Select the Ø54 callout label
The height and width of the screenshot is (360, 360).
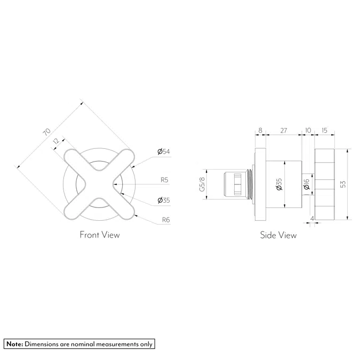click(163, 152)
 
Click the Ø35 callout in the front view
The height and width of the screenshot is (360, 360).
click(163, 201)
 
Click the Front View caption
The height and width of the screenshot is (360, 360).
click(100, 235)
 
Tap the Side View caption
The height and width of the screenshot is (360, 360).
click(278, 235)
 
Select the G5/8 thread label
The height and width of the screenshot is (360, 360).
click(202, 185)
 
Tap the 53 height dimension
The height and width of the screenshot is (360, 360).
click(343, 183)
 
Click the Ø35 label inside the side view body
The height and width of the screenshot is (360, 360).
click(278, 185)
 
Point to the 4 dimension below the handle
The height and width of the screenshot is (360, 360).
click(311, 218)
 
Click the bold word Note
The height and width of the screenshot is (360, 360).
click(14, 344)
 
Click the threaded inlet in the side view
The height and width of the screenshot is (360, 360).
click(235, 184)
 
